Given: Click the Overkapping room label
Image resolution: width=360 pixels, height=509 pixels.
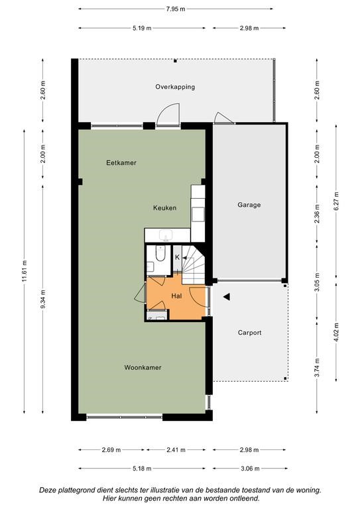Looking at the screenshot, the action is click(175, 87).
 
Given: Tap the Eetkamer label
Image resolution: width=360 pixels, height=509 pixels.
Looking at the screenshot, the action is click(121, 163).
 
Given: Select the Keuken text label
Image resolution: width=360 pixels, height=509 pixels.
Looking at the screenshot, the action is click(165, 208).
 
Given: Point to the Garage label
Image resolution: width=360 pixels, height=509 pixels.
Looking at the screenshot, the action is click(249, 205).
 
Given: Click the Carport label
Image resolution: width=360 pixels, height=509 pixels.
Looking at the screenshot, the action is click(250, 333).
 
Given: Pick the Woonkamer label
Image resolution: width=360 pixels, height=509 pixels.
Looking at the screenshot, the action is click(143, 368).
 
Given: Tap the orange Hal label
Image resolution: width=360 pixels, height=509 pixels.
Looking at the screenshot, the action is click(176, 296).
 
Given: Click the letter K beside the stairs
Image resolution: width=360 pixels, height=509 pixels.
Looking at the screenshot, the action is click(177, 257).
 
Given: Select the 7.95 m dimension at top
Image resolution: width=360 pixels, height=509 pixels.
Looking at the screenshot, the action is click(176, 9).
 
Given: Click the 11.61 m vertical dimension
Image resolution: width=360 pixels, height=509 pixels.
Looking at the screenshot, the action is click(25, 271).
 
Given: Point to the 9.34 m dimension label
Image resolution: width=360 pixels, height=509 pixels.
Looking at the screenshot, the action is click(43, 300).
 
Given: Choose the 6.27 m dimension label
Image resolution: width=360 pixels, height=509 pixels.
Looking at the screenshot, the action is click(336, 201).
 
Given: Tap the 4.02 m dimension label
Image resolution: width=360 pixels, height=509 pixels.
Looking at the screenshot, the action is click(336, 332).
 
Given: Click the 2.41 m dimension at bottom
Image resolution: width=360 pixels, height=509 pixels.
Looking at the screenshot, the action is click(176, 450).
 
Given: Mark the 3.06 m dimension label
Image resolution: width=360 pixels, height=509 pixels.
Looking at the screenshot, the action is click(250, 469).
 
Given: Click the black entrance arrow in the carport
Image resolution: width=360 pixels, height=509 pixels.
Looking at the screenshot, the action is click(227, 296).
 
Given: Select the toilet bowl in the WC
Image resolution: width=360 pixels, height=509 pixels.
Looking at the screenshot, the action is click(160, 253).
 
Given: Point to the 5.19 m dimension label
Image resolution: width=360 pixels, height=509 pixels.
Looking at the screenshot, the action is click(142, 28).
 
